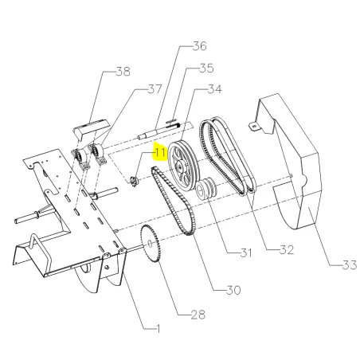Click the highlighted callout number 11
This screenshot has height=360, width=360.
160,153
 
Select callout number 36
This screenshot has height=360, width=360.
200,46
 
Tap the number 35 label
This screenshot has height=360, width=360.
206,68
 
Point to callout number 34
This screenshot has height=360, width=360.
214,89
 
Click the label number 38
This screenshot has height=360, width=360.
123,72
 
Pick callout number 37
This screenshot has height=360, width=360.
155,89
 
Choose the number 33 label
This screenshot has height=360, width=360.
350,264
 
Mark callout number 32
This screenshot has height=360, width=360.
287,250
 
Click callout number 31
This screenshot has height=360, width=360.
246,252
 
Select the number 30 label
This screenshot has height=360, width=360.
233,290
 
